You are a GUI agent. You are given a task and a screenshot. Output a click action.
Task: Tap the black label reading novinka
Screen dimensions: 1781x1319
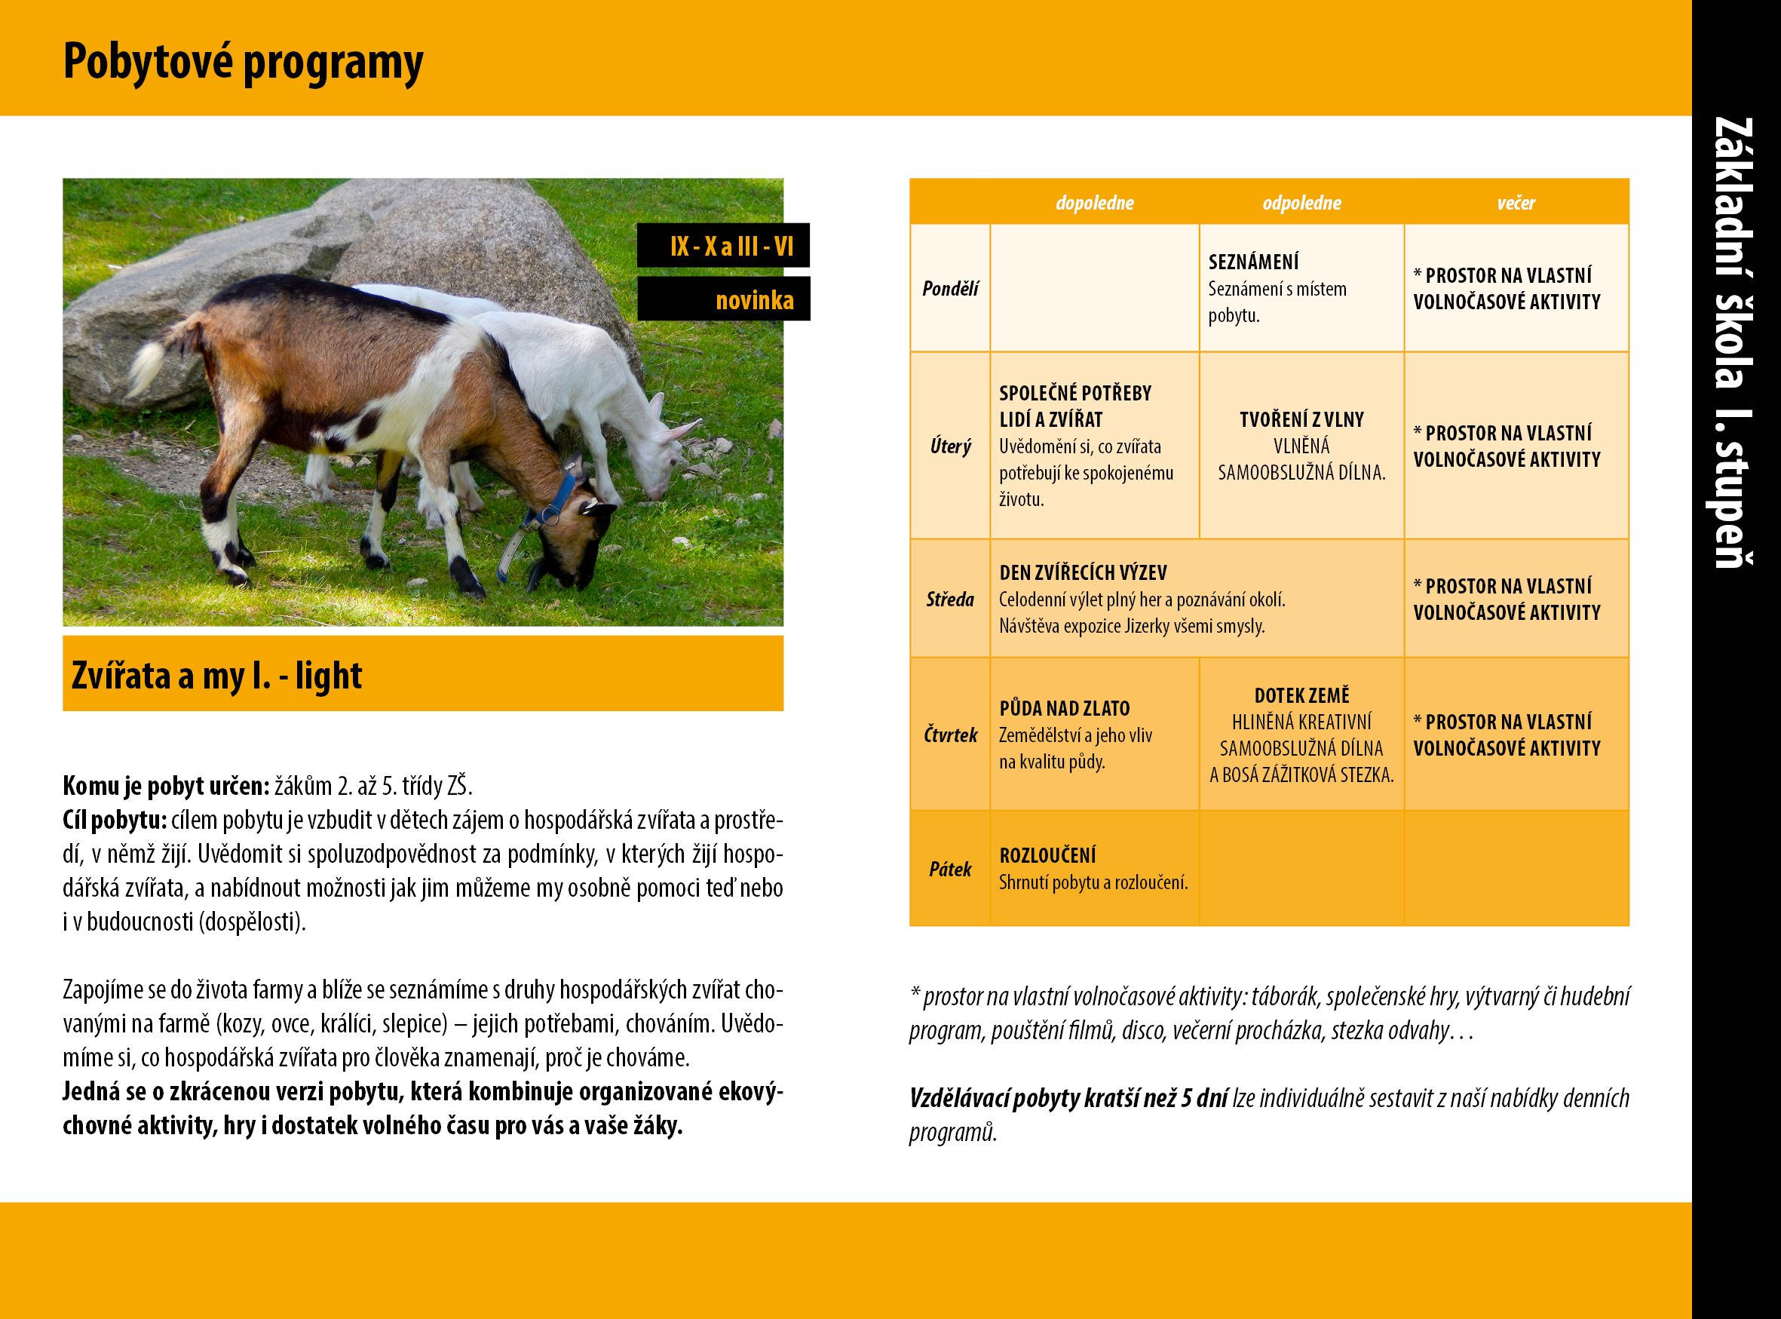723,299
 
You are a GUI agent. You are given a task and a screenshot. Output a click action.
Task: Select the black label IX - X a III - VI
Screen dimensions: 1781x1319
723,245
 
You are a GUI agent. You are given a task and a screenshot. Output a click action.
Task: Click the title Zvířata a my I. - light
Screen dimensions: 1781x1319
216,676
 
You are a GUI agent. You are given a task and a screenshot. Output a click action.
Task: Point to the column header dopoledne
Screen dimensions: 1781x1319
1095,203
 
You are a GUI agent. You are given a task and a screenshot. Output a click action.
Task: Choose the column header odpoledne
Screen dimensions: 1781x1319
1301,203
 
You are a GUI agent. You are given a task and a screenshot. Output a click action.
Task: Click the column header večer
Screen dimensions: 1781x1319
1516,203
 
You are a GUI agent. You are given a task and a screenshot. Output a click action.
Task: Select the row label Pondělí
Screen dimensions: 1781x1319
950,288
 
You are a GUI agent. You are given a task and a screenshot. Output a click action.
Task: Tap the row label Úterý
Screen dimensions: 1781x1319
950,446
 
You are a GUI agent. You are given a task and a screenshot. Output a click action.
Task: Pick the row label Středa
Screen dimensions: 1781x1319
950,599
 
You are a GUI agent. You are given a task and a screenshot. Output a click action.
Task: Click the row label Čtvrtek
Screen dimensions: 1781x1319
950,735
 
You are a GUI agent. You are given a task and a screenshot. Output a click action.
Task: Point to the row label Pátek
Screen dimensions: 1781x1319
950,869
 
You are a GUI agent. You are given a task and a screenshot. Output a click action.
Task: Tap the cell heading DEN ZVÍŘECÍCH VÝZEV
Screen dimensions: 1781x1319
1083,572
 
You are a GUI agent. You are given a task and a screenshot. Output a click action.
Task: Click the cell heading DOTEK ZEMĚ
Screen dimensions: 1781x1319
1301,695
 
